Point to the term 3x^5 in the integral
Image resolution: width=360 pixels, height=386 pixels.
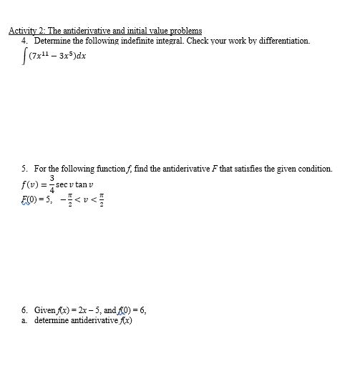[62, 56]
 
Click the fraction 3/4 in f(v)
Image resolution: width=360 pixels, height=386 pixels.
[52, 183]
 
